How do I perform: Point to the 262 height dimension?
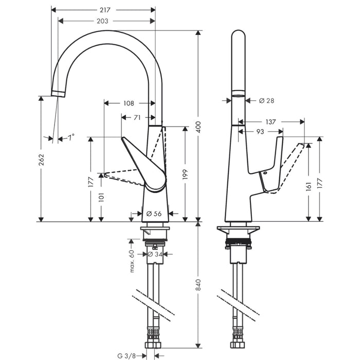click(x=41, y=160)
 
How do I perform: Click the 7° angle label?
click(x=69, y=137)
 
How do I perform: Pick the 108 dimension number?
click(x=129, y=103)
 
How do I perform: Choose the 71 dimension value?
click(x=137, y=117)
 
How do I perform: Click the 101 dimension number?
click(x=101, y=197)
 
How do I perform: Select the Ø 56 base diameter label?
click(x=154, y=213)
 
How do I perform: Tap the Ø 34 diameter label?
click(x=155, y=254)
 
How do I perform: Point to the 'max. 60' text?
click(x=132, y=261)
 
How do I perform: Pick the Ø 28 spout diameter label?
click(x=266, y=101)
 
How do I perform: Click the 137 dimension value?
click(x=270, y=122)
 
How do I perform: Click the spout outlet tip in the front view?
click(x=59, y=93)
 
